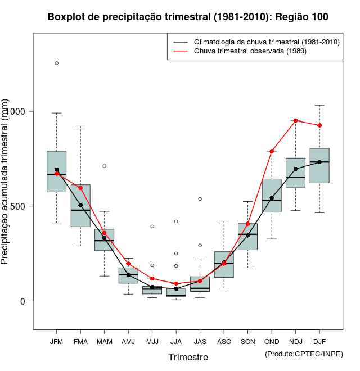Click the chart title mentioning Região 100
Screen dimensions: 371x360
click(188, 17)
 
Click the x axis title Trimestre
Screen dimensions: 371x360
click(188, 357)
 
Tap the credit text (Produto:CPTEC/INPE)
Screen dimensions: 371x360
click(304, 354)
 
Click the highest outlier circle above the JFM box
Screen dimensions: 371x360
click(56, 63)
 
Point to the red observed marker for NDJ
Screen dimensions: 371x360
click(295, 121)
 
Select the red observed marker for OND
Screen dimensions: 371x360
click(272, 151)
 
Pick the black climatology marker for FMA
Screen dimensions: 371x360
click(80, 205)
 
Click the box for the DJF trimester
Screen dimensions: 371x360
click(319, 166)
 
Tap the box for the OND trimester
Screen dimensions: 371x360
click(272, 196)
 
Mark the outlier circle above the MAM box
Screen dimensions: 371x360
click(104, 166)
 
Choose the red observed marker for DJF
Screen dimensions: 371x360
click(319, 125)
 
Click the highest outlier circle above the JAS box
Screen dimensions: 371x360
click(200, 199)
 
